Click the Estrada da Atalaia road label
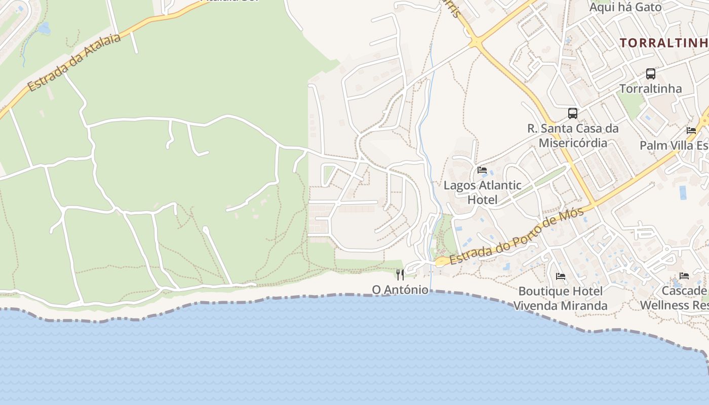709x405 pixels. pyautogui.click(x=74, y=63)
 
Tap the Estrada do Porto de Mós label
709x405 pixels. pyautogui.click(x=517, y=236)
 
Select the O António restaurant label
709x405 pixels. pyautogui.click(x=400, y=290)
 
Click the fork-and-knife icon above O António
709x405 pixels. pyautogui.click(x=400, y=275)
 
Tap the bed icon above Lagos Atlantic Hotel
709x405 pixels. pyautogui.click(x=482, y=170)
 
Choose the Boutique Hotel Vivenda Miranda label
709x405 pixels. pyautogui.click(x=561, y=298)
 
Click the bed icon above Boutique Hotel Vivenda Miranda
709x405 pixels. pyautogui.click(x=561, y=276)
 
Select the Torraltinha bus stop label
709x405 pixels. pyautogui.click(x=651, y=89)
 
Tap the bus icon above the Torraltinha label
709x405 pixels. pyautogui.click(x=651, y=74)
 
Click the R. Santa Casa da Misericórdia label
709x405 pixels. pyautogui.click(x=573, y=136)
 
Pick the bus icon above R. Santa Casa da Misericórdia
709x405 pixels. pyautogui.click(x=573, y=113)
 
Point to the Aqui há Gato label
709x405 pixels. pyautogui.click(x=625, y=7)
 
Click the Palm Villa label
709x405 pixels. pyautogui.click(x=674, y=146)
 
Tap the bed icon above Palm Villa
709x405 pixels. pyautogui.click(x=691, y=131)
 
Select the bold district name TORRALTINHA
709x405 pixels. pyautogui.click(x=663, y=43)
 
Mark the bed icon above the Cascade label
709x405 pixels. pyautogui.click(x=684, y=276)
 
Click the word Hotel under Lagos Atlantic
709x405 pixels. pyautogui.click(x=482, y=199)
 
